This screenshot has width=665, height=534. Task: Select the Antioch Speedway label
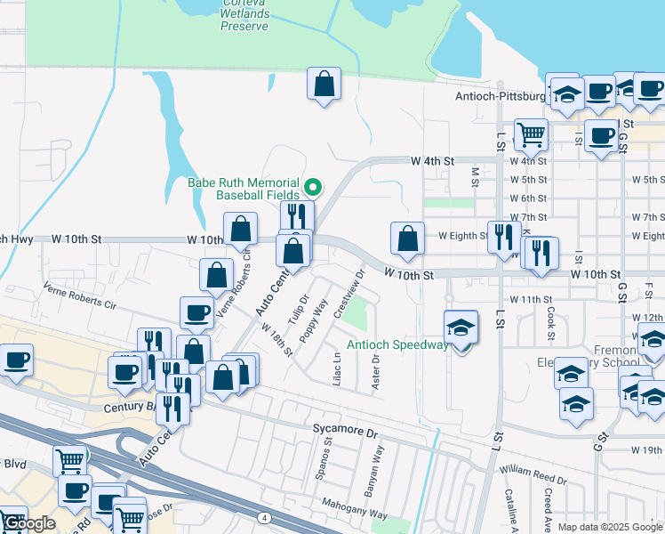(397, 345)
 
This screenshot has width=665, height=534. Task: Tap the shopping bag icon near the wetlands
(324, 85)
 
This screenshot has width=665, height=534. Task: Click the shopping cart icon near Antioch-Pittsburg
(531, 135)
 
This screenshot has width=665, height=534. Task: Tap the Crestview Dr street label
(348, 295)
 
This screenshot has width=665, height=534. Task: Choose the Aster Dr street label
(375, 371)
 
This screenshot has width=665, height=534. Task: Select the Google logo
(28, 523)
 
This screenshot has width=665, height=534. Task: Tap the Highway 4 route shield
(265, 517)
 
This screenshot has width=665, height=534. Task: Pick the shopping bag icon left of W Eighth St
(407, 239)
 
